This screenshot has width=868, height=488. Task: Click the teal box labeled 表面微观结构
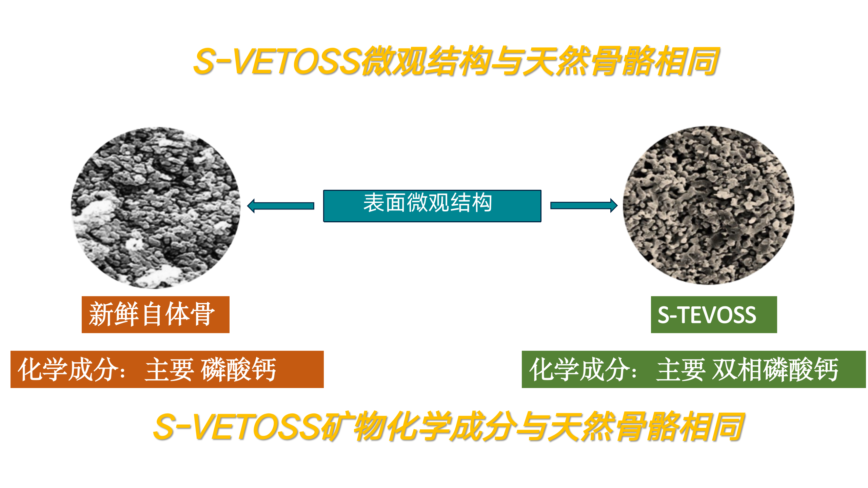tap(432, 206)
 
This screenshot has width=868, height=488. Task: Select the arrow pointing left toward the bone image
tap(281, 206)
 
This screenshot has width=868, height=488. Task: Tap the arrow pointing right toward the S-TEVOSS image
tap(584, 205)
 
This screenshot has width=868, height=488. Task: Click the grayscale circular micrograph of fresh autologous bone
tap(156, 208)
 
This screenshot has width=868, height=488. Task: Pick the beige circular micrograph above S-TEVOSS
tap(708, 205)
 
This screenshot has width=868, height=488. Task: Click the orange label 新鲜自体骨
tap(156, 314)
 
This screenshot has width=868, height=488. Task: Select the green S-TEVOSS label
tap(714, 314)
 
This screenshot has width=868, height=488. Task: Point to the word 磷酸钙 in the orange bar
tap(239, 369)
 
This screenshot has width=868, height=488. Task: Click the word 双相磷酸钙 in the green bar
tap(775, 369)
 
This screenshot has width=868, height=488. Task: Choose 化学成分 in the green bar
tap(579, 369)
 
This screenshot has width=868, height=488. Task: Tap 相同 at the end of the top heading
tap(687, 61)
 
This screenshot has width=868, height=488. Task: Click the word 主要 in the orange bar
tap(169, 369)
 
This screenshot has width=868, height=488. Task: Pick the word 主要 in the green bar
tap(680, 369)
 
